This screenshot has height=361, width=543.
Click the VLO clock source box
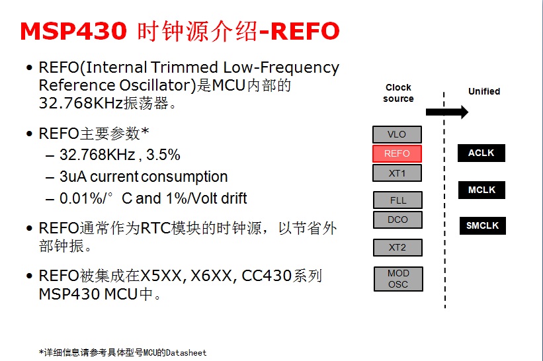397,134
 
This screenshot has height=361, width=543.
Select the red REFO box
397,153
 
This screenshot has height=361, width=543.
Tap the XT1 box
397,173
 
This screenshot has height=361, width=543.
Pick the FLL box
397,200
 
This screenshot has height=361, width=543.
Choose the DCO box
397,220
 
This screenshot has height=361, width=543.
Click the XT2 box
397,247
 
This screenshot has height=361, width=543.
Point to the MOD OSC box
398,278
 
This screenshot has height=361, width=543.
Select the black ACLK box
481,153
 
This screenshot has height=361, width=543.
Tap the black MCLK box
481,190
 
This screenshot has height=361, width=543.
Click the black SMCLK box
482,225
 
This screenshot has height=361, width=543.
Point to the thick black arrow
447,112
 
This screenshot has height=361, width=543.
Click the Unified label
484,91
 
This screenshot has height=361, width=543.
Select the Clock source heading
398,93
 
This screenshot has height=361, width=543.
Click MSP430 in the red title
73,31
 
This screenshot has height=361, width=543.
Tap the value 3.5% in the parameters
163,155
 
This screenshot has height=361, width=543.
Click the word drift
233,198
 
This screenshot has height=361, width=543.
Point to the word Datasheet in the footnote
186,352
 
